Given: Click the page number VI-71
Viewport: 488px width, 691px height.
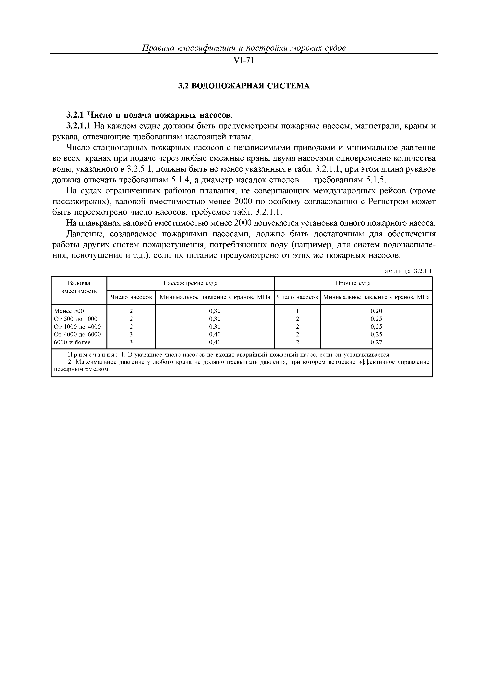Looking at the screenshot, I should pos(244,61).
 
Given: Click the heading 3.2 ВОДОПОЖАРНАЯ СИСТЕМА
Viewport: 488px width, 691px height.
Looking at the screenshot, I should pos(244,86).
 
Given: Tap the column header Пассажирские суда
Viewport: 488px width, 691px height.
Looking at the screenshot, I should pos(190,283).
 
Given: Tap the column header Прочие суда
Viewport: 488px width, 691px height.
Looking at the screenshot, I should pos(353,283).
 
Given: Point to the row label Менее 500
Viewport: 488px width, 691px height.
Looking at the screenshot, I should pos(69,311).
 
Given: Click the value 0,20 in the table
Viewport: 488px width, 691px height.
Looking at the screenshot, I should pos(376,311).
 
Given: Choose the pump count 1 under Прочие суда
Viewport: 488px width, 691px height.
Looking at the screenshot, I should pos(297,311).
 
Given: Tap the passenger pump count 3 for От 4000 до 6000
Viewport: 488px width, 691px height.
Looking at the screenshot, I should pos(131,334).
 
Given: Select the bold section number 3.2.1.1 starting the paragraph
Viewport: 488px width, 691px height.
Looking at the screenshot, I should pos(78,126).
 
